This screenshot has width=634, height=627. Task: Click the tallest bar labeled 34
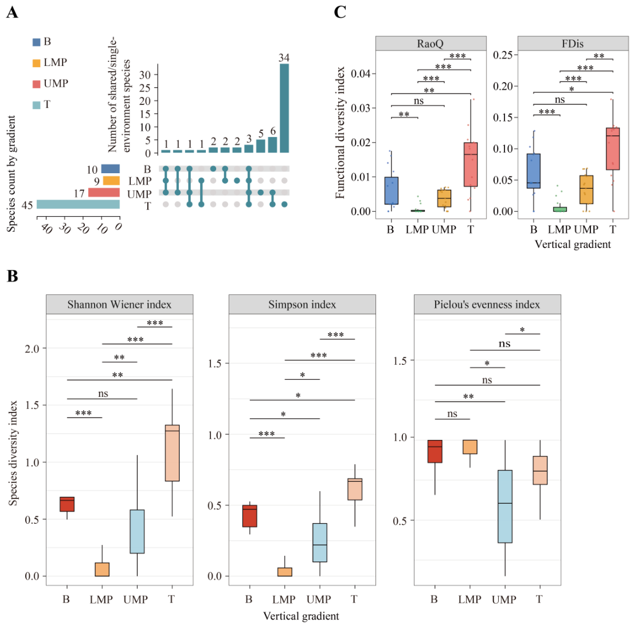coord(284,108)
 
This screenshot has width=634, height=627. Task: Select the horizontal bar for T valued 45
coord(78,204)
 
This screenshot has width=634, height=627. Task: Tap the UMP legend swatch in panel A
coord(36,84)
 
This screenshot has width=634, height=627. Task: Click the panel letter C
coord(340,12)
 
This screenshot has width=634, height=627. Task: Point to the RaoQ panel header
coord(431,43)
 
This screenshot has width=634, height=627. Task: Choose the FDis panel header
coord(573,43)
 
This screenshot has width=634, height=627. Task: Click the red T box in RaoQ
coord(471,164)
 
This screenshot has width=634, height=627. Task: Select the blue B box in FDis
coord(533,171)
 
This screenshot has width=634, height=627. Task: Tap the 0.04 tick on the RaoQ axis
coord(360,73)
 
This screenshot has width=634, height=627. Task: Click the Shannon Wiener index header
coord(119,304)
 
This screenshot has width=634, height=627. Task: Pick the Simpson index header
coord(302,304)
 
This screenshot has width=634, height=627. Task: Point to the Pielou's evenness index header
coord(487,304)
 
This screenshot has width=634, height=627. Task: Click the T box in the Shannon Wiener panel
coord(172,453)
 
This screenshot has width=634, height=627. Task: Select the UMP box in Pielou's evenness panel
coord(505,507)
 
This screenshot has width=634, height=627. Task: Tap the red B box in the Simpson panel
coord(249,516)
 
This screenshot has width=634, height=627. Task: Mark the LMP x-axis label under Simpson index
coord(284,599)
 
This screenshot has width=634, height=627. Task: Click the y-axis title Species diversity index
coord(13,453)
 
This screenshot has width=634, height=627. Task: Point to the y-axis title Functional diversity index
coord(340,133)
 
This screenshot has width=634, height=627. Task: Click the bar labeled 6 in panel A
coord(272,145)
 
